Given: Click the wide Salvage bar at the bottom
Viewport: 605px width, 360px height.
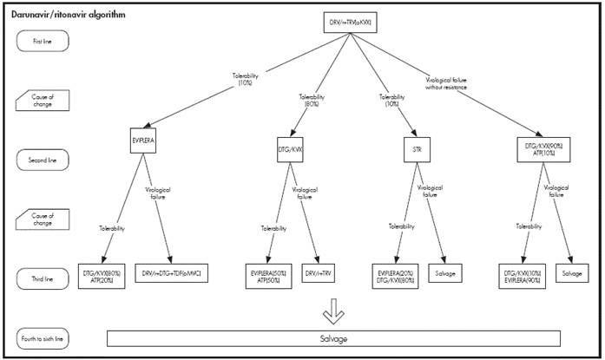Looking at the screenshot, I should click(333, 337).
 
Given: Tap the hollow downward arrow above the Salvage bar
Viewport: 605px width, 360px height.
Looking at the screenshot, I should click(333, 311).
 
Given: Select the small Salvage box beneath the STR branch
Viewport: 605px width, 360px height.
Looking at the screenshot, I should click(456, 275).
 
